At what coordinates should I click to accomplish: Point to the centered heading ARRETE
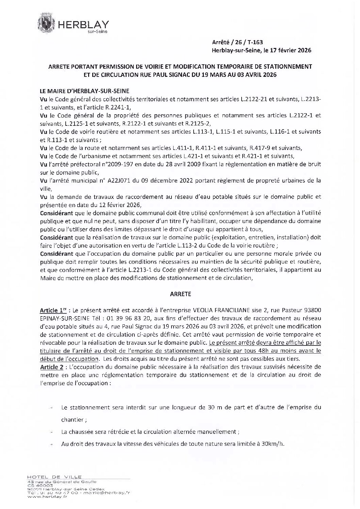pyautogui.click(x=180, y=294)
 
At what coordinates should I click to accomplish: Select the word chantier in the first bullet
pyautogui.click(x=72, y=420)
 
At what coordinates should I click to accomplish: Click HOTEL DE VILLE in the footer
pyautogui.click(x=54, y=477)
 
